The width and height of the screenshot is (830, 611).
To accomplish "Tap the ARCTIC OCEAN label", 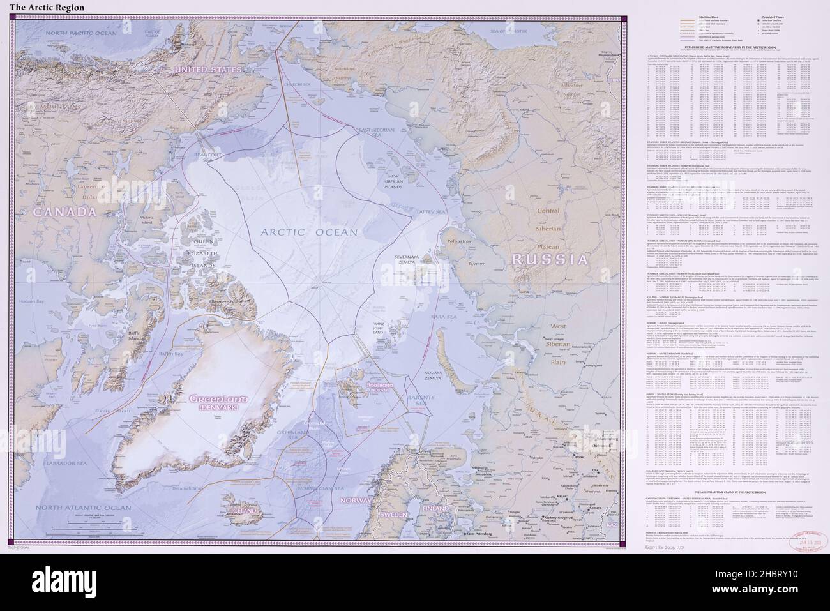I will click(310, 233).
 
